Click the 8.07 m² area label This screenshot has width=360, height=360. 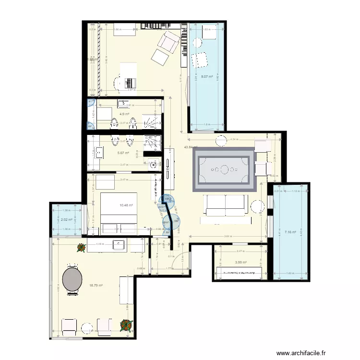point(207,76)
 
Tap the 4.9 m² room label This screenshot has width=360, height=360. point(124,114)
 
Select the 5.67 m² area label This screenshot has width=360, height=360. point(123,154)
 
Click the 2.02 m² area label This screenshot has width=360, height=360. point(66,220)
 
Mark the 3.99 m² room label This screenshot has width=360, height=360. point(240,262)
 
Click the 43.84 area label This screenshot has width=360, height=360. point(191,147)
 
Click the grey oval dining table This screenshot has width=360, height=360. point(72,279)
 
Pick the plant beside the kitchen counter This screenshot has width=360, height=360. point(80,248)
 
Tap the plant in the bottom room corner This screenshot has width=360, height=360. point(126,325)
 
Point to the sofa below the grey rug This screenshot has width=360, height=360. point(226,205)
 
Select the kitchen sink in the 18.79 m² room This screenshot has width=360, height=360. point(119,245)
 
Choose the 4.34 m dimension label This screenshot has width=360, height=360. point(234,140)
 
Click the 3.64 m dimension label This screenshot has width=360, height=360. point(228,236)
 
